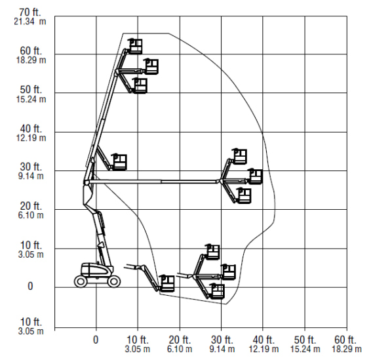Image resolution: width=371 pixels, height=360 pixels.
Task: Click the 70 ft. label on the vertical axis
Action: [x=29, y=12]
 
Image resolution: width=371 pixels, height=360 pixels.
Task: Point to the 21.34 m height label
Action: [x=29, y=22]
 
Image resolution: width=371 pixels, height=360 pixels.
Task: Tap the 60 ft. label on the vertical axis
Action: [x=31, y=50]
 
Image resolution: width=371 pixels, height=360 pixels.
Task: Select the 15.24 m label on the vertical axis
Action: [x=31, y=99]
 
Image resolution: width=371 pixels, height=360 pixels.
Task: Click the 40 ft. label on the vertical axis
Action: [x=31, y=129]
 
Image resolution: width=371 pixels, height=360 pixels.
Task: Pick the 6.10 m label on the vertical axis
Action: [x=31, y=215]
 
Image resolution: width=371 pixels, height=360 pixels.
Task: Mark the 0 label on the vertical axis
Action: [x=30, y=286]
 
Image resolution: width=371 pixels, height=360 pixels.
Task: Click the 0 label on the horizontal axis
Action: [x=96, y=340]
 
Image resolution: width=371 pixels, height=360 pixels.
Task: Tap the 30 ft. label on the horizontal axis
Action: [x=222, y=340]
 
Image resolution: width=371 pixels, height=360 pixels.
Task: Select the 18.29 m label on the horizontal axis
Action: [x=347, y=349]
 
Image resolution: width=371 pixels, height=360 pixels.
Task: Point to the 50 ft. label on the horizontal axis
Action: [x=305, y=340]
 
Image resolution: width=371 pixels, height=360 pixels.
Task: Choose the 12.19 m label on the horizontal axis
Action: [x=264, y=349]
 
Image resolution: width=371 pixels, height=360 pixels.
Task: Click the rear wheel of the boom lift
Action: [x=81, y=281]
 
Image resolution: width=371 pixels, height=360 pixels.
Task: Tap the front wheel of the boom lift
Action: [x=114, y=281]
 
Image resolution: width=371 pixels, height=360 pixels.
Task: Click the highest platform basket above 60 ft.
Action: [x=135, y=47]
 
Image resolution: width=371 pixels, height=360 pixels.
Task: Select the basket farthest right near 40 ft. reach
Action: [x=255, y=177]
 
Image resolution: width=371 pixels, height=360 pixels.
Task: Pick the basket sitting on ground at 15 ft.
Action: [x=167, y=283]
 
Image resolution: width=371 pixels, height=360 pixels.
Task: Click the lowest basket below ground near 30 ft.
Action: [x=217, y=291]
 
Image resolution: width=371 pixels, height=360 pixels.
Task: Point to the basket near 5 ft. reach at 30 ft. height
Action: [x=119, y=162]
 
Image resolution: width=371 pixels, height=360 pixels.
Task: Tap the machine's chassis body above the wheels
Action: [x=97, y=270]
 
